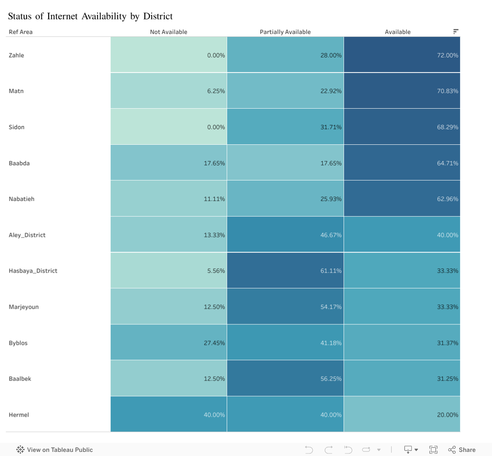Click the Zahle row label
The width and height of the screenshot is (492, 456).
tap(16, 55)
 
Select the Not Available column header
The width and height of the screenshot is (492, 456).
tap(169, 32)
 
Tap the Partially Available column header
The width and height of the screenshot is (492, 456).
tap(285, 32)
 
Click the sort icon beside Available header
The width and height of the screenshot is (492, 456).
tap(456, 32)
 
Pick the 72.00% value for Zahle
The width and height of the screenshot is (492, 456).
tap(447, 55)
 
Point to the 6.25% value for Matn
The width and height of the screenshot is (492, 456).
tap(216, 91)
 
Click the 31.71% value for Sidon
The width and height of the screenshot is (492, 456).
tap(331, 127)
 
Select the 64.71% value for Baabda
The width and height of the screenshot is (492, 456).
tap(447, 163)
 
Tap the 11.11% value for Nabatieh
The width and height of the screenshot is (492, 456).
tap(214, 199)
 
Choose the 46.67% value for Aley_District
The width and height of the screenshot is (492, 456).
tap(331, 235)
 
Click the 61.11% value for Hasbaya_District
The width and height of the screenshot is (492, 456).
tap(331, 271)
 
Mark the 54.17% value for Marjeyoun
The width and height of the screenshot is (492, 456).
tap(331, 307)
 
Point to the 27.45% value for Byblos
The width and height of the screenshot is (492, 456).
tap(214, 343)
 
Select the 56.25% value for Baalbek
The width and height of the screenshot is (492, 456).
tap(331, 378)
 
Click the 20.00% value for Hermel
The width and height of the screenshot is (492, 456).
tap(447, 415)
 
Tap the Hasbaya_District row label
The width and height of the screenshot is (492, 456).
tap(33, 271)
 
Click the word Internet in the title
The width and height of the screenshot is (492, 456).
tap(62, 16)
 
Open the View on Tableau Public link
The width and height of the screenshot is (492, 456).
tap(55, 450)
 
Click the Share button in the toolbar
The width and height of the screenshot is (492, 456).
tap(462, 450)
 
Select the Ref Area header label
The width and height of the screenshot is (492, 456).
tap(20, 32)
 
